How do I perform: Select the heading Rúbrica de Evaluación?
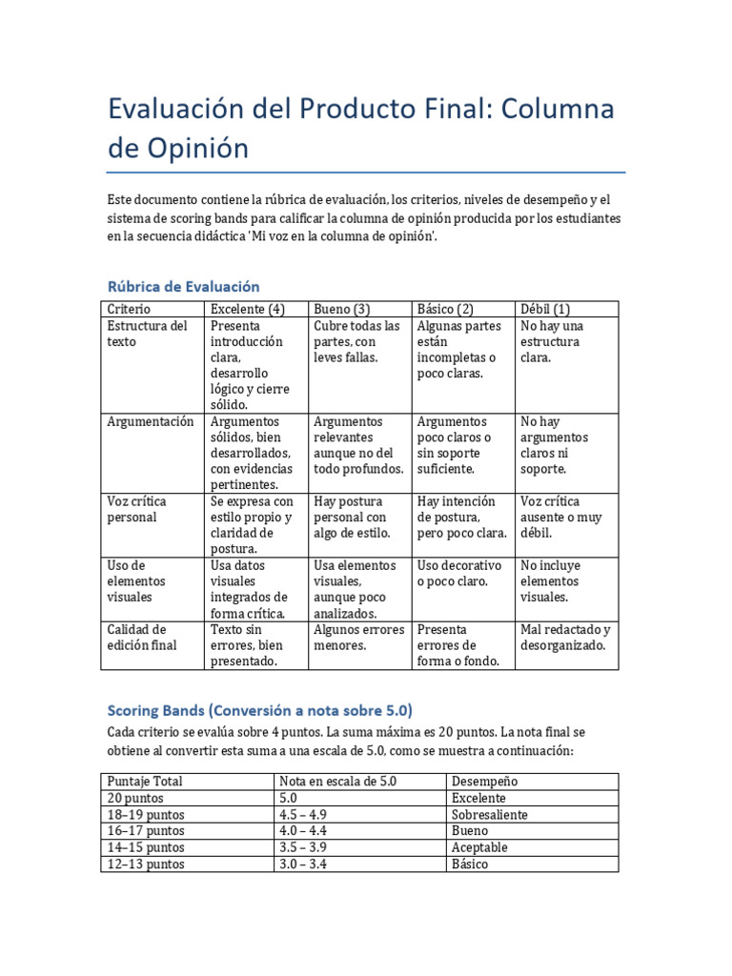coord(183,286)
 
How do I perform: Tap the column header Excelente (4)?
coord(248,309)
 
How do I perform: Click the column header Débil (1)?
coord(545,309)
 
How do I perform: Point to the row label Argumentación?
coord(151,421)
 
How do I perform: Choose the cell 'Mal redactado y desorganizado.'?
coord(565,638)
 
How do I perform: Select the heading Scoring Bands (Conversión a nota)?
coord(259,711)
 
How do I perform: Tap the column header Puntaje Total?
coord(145,782)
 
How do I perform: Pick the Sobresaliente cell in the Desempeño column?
coord(490,815)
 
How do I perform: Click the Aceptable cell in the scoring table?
coord(479,847)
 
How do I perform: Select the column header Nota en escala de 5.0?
coord(337,782)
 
